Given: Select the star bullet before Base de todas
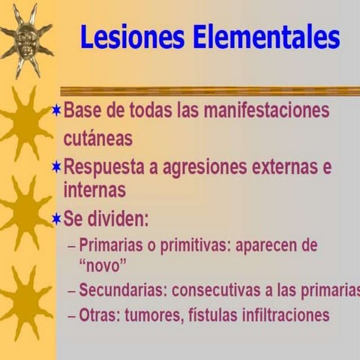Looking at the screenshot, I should pos(56,110).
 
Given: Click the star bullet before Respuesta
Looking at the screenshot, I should pos(56,167).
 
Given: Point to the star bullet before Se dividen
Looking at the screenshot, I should pos(56,220).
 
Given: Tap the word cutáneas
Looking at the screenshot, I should pos(97,139).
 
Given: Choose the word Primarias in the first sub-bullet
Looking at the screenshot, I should pos(111,245).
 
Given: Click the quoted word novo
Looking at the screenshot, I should pos(102,265).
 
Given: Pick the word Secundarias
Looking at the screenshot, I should pos(120,290).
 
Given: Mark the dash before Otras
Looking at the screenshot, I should pos(71,315).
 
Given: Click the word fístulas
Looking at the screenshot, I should pos(212,314).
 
